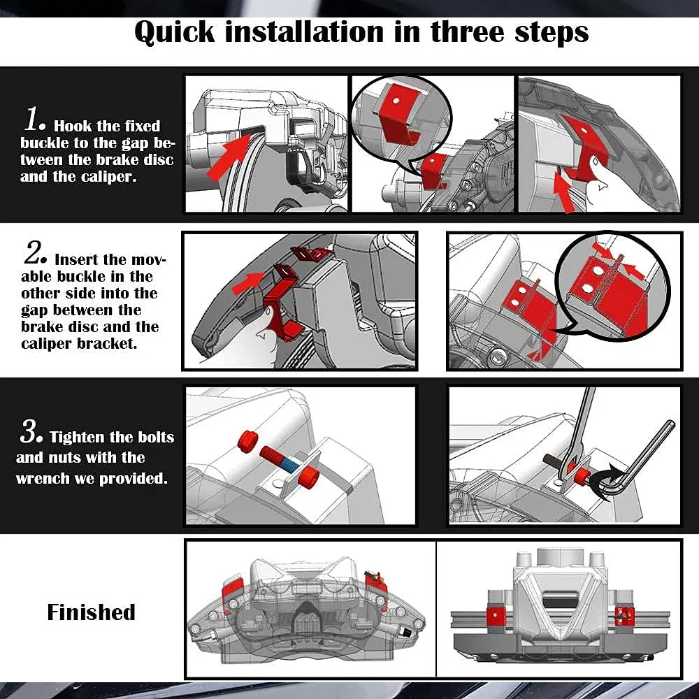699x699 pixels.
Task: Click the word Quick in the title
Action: [x=174, y=32]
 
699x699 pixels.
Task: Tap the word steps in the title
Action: [x=552, y=32]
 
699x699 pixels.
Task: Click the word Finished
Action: [x=91, y=612]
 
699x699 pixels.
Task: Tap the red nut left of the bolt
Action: [x=247, y=441]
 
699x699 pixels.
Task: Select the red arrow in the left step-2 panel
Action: [x=248, y=282]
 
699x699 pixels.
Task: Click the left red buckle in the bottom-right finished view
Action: [x=496, y=616]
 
